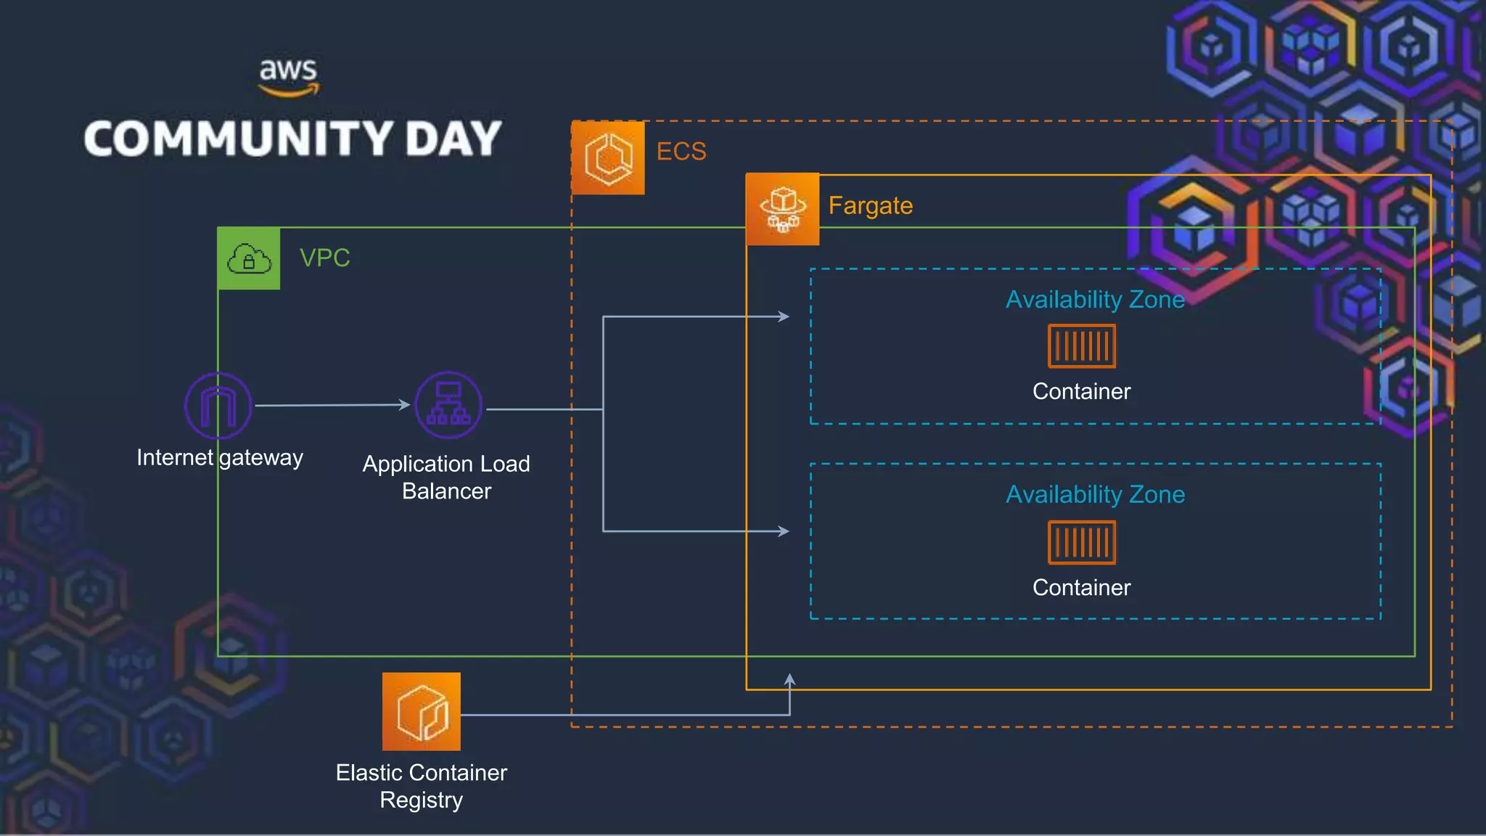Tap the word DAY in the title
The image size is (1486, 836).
(453, 139)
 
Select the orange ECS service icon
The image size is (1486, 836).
(608, 158)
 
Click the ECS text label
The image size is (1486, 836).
(681, 152)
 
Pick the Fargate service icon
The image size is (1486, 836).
(782, 209)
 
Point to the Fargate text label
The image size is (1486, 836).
(870, 206)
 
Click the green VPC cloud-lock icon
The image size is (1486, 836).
(249, 258)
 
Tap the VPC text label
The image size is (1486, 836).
(324, 258)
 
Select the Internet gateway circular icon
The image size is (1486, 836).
(218, 405)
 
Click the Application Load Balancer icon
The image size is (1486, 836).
(448, 405)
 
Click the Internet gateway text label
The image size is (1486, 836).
(220, 458)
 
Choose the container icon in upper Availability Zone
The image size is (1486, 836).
(1081, 346)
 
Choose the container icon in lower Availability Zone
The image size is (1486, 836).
(1081, 542)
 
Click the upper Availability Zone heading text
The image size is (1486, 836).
(1094, 300)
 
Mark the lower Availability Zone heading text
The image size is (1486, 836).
(1094, 495)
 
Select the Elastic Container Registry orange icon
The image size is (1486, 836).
(422, 711)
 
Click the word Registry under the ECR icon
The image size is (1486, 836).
(421, 800)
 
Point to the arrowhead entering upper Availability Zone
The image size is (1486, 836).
(784, 316)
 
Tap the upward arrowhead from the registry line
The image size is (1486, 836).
(789, 679)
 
